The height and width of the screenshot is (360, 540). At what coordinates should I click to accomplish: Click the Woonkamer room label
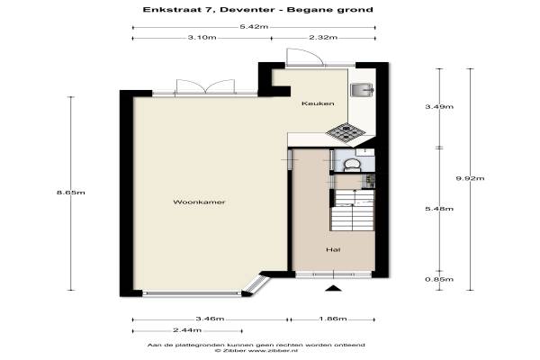(x=199, y=202)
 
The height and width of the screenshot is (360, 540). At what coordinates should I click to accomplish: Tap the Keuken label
(x=318, y=103)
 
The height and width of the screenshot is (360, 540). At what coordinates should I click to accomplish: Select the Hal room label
(x=333, y=249)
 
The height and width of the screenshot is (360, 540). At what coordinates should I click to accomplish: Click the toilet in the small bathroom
(x=352, y=165)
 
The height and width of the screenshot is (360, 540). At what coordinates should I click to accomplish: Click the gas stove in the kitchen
(x=346, y=132)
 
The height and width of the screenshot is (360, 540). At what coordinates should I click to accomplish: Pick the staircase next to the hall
(x=352, y=210)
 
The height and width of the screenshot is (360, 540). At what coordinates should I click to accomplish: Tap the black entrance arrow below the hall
(x=333, y=288)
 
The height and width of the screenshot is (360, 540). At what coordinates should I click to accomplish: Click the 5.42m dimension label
(x=254, y=27)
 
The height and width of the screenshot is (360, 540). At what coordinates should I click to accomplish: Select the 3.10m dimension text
(x=202, y=38)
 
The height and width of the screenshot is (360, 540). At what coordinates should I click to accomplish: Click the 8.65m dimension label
(x=71, y=193)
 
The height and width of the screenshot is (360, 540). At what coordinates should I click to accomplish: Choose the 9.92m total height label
(x=470, y=178)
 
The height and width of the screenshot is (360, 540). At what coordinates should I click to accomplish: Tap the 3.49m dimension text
(x=439, y=107)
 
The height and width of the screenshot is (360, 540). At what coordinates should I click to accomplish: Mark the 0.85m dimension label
(x=439, y=279)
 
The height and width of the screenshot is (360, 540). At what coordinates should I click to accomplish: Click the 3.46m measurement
(x=210, y=319)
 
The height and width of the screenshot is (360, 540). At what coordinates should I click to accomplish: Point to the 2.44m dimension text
(x=187, y=330)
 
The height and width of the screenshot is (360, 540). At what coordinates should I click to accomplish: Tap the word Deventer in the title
(x=247, y=10)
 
